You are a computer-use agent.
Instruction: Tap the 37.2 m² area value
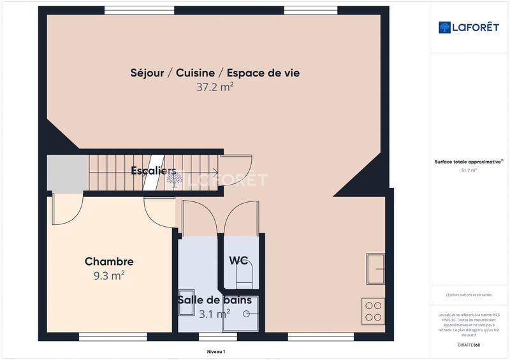215,88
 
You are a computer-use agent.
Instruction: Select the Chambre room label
109,261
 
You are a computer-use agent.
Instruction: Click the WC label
239,260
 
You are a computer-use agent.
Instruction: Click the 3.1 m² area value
214,313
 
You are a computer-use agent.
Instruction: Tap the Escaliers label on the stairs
154,171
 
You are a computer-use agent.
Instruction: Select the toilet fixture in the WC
244,276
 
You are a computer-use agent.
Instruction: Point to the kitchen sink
375,268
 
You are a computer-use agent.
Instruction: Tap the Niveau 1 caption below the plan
216,351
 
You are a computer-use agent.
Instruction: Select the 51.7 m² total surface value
469,171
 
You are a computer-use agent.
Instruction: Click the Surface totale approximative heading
469,162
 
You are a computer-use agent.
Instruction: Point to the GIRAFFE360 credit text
469,345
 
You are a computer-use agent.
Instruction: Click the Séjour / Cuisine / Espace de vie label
215,73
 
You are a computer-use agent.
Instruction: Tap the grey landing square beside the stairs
67,173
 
